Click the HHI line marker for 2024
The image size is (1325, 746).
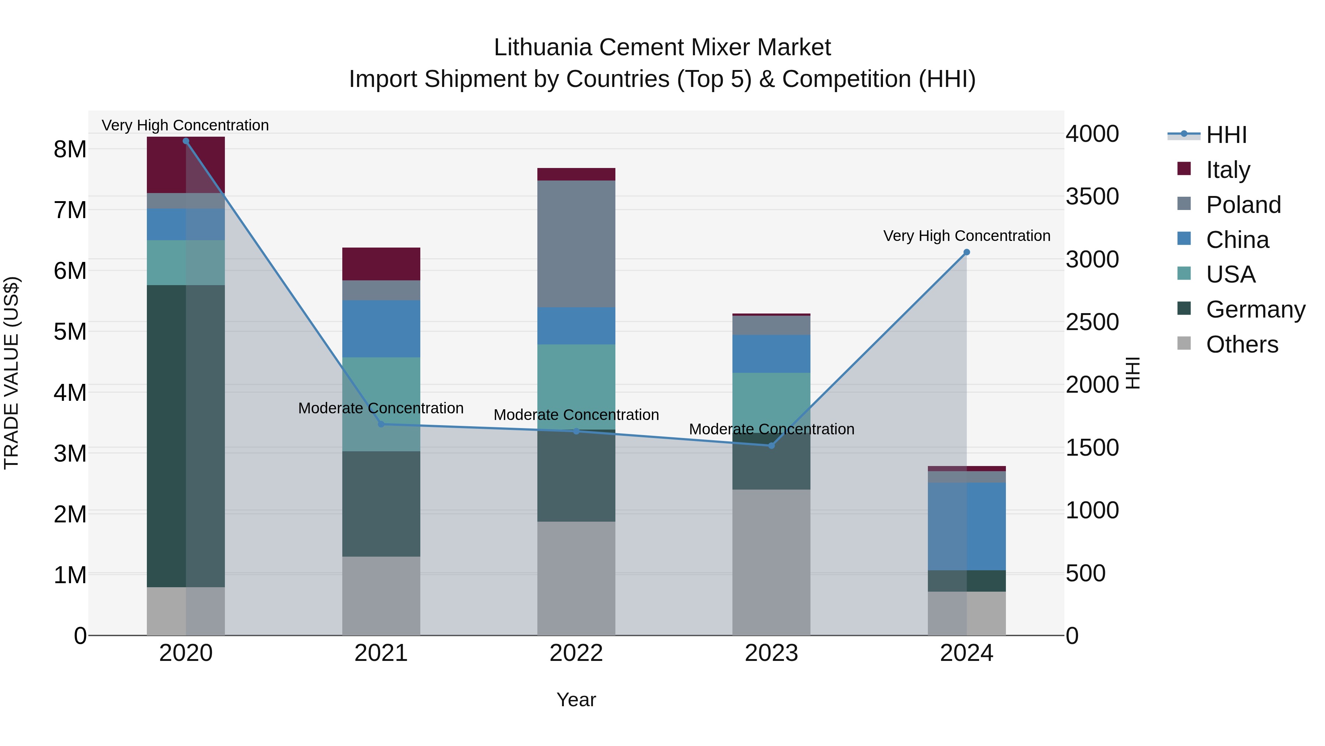click(x=967, y=252)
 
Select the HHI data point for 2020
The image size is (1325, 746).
click(x=186, y=141)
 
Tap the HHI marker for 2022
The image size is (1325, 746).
click(x=576, y=431)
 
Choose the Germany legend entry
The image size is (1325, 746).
click(x=1255, y=309)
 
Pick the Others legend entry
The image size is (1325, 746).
click(x=1242, y=344)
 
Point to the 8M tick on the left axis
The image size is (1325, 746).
click(x=70, y=149)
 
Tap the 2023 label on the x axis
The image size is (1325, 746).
click(x=771, y=653)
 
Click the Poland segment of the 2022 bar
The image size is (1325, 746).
click(x=576, y=244)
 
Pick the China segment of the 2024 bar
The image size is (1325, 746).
click(x=967, y=526)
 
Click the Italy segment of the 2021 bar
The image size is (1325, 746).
click(x=381, y=264)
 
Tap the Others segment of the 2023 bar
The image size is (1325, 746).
click(x=771, y=562)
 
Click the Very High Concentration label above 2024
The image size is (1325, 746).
click(x=967, y=236)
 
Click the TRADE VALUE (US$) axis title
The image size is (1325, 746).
click(x=11, y=373)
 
